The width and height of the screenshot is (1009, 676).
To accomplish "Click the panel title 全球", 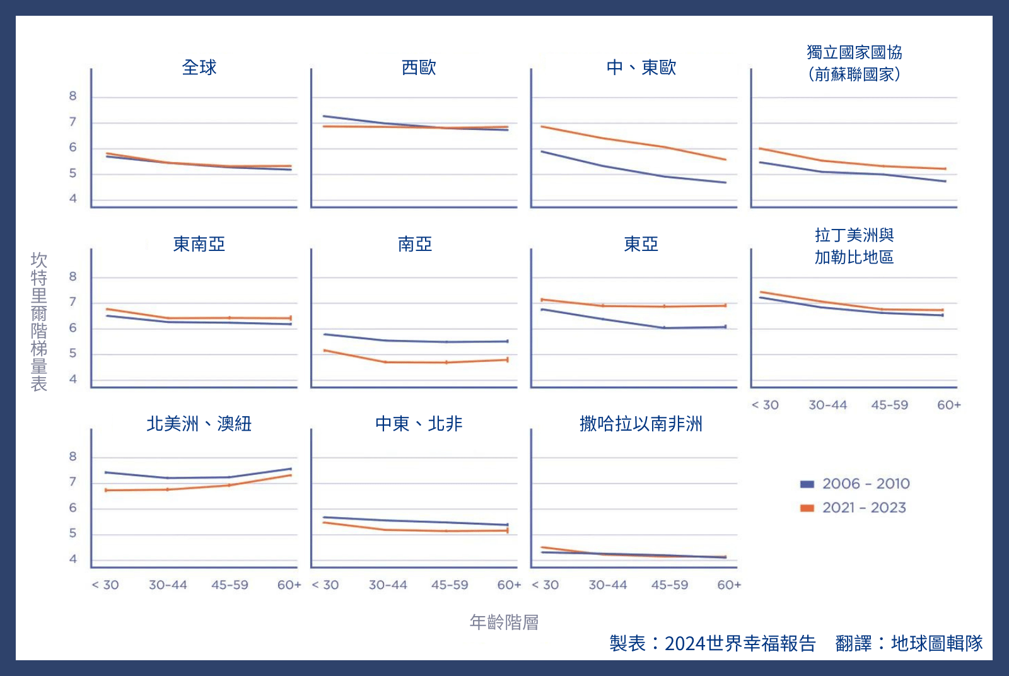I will coord(199,67).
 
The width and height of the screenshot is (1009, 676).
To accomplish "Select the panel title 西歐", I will coord(419,67).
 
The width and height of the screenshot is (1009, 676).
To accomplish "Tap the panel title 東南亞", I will coord(199,244).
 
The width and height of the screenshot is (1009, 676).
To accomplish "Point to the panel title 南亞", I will coord(415,244).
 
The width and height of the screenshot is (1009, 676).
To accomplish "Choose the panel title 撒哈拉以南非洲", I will coord(641,424).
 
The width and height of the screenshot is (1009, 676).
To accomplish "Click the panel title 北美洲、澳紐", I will coord(199,424).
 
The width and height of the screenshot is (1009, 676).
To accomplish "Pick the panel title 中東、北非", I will coord(419,424).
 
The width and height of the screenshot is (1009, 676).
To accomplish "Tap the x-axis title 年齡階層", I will coord(504,622).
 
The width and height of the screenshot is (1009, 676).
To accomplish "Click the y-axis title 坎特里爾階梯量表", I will coord(39,322).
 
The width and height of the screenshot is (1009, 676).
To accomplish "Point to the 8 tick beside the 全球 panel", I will coord(73,96).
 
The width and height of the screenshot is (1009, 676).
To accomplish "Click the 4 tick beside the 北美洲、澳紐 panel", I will coord(73,559).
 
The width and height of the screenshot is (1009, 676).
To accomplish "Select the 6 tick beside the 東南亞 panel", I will coord(73,328).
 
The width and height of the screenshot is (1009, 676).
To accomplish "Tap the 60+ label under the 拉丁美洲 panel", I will coord(948,405).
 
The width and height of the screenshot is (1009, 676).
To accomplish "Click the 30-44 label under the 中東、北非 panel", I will coord(388,585).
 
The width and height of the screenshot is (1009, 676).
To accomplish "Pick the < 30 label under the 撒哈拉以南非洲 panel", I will coord(545,585).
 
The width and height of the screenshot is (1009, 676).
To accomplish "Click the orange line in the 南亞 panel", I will coord(416,363).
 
